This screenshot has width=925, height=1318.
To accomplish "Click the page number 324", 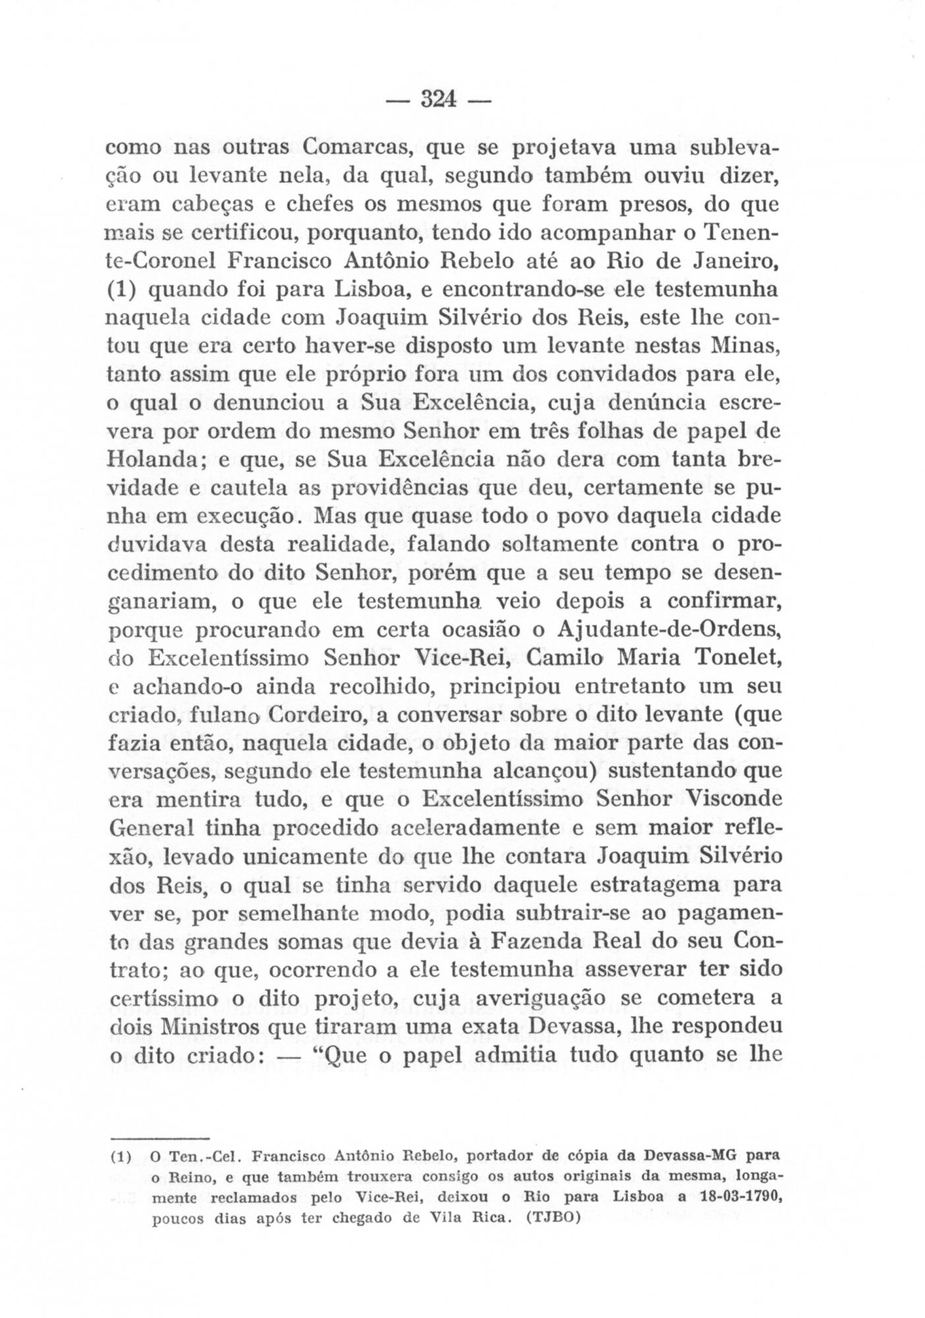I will pos(437,100).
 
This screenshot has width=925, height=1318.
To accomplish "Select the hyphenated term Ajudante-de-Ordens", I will pos(668,629).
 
